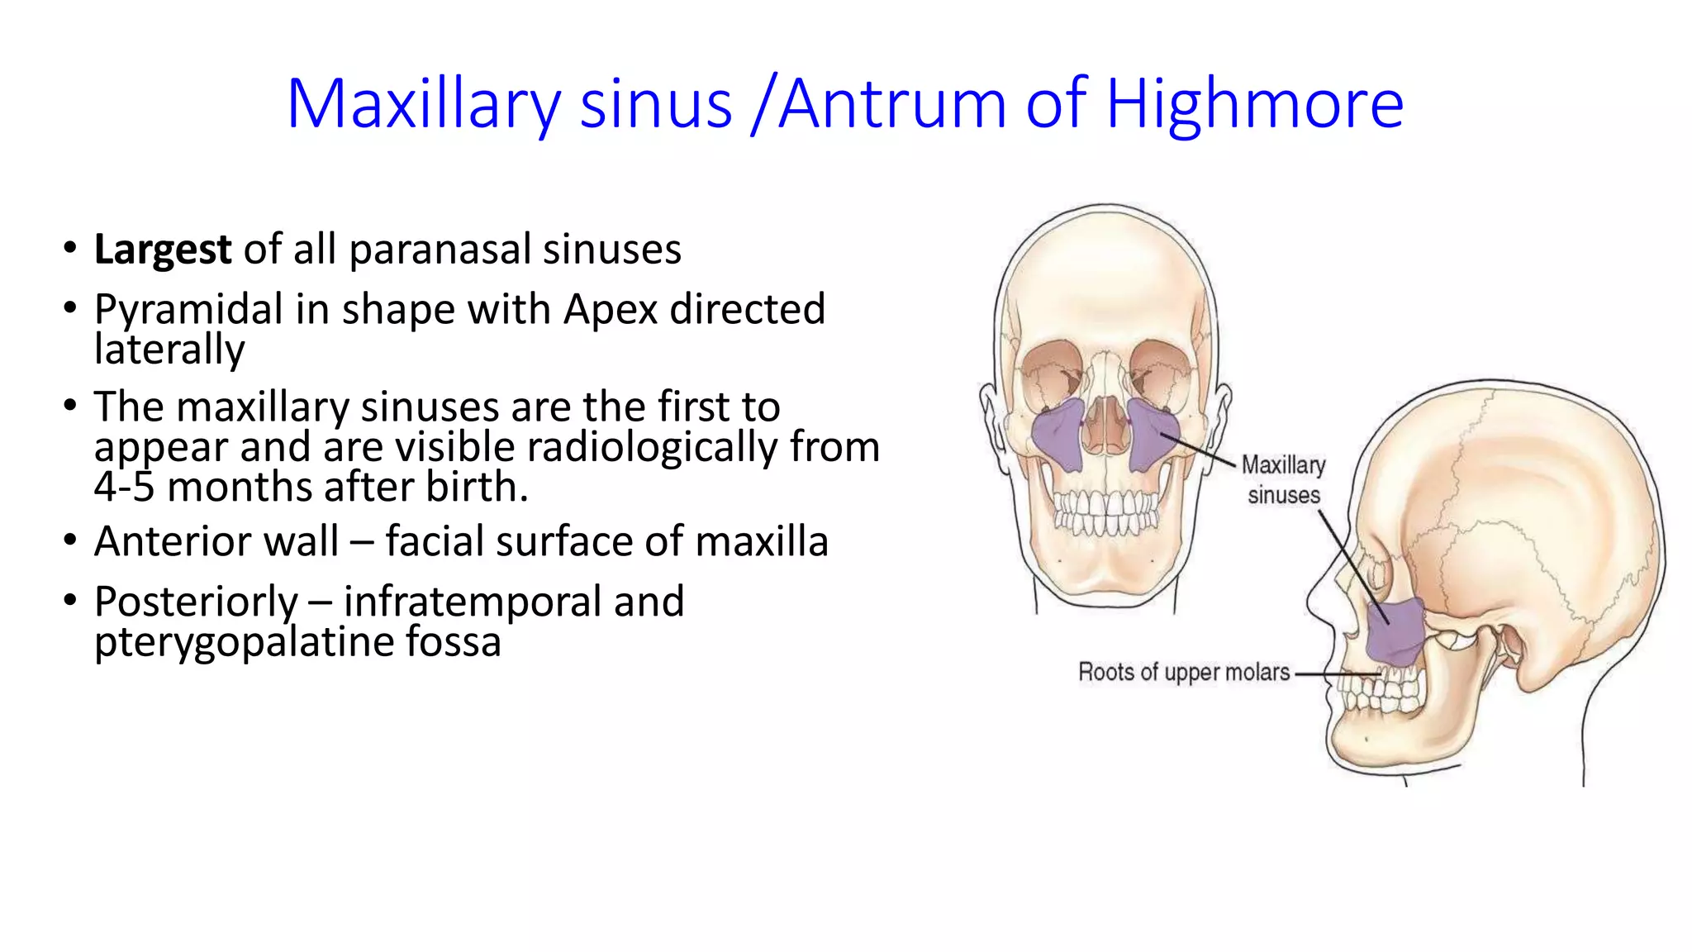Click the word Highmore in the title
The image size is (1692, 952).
1254,104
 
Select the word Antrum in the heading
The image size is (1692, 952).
891,104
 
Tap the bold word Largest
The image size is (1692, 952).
163,250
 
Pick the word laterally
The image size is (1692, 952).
169,349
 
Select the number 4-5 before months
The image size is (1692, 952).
124,487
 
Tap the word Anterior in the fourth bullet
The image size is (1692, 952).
216,542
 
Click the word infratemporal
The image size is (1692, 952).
473,602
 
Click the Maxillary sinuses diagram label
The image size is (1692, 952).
1283,480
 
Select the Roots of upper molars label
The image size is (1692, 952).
1183,672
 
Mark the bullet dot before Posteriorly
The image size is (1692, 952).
70,600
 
